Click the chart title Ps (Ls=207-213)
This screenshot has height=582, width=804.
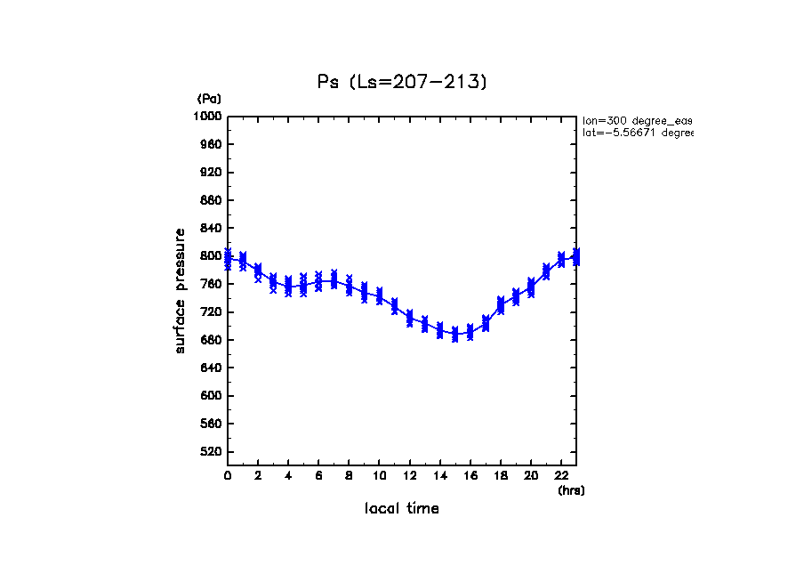coord(402,82)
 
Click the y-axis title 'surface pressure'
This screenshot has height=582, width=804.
coord(181,290)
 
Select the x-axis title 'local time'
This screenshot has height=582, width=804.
coord(402,509)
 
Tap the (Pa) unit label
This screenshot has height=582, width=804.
coord(209,99)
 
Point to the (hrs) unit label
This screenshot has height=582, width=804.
coord(571,490)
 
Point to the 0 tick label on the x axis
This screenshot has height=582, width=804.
coord(228,476)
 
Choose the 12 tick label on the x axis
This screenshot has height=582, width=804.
coord(409,476)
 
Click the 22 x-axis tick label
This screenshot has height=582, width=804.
coord(561,476)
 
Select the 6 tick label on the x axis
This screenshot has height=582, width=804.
coord(318,476)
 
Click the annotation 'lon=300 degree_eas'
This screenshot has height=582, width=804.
coord(637,119)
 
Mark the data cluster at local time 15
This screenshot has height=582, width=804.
coord(455,334)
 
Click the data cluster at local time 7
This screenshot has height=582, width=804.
coord(334,280)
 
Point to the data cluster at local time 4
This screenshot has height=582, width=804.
coord(288,287)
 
